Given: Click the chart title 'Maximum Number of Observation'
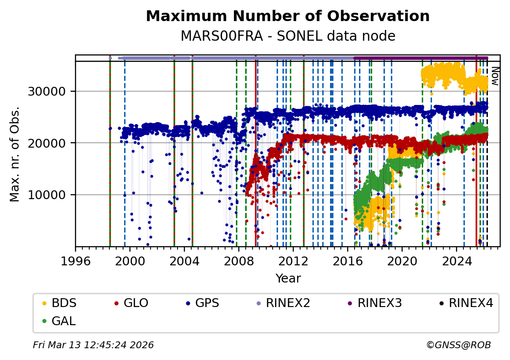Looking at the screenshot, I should point(288,16).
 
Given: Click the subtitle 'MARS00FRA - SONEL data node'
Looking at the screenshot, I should point(288,36).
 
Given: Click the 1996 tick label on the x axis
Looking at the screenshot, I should point(76,260).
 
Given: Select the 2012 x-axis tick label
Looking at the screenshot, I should point(293,260).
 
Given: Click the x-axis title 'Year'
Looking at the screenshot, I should point(288,279).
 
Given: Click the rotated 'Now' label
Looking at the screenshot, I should point(495,76).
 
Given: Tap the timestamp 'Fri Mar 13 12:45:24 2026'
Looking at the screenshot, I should point(93,345).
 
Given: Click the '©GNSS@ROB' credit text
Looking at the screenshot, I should point(459,345).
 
